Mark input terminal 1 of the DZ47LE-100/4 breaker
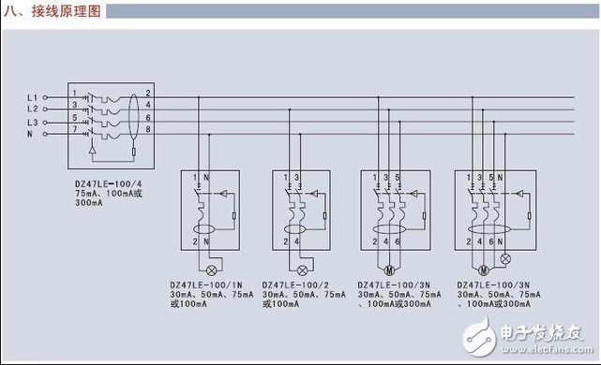(75, 93)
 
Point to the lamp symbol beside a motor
(507, 255)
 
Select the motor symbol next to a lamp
(484, 255)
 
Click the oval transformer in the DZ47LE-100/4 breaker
(131, 113)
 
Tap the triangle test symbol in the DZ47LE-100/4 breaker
(90, 148)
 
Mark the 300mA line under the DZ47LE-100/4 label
(90, 202)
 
